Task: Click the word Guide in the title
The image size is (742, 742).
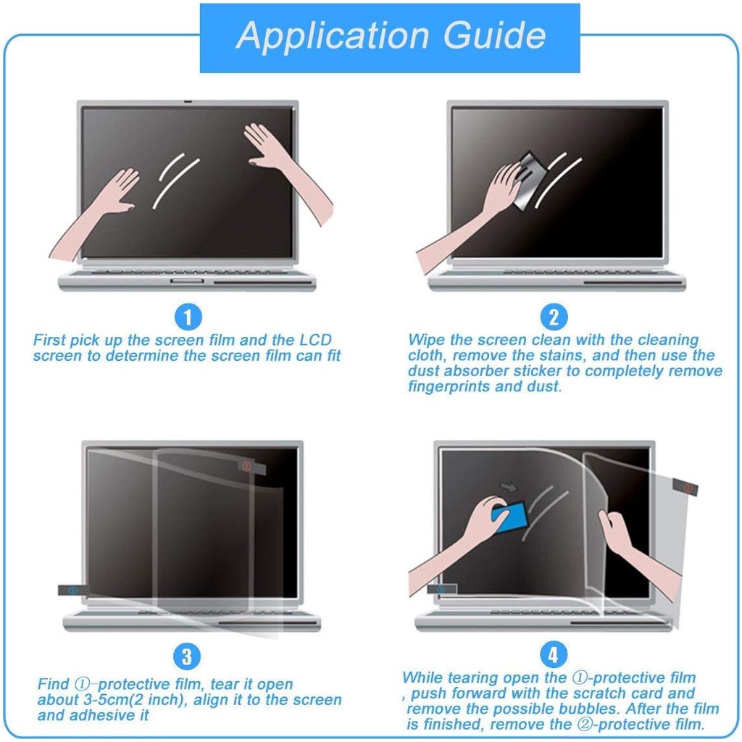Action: tap(494, 35)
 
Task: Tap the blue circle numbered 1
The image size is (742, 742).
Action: tap(188, 317)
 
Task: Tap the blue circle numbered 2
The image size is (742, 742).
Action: tap(554, 317)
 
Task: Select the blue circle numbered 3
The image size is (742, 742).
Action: tap(187, 656)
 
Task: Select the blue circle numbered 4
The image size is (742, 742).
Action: tap(553, 655)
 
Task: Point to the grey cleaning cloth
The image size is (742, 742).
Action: tap(529, 180)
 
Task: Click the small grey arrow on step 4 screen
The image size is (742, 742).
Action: tap(509, 486)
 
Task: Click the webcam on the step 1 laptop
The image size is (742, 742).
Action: tap(188, 102)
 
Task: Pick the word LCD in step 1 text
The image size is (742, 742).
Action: tap(316, 340)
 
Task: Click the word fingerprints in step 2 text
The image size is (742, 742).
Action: tap(449, 387)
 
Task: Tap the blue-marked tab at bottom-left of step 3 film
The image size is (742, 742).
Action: tap(73, 590)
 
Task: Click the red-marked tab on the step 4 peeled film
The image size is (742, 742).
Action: tap(685, 486)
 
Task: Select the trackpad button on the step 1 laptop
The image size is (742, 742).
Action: tap(187, 281)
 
